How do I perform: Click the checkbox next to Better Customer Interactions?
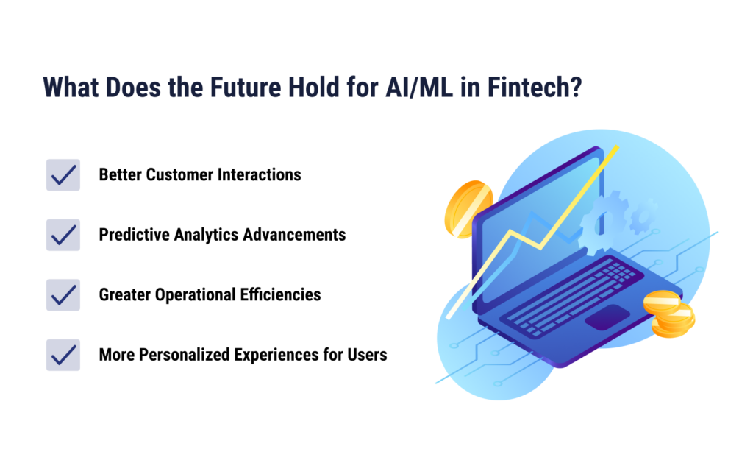(x=63, y=175)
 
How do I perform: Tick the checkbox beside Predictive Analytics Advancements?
(x=63, y=235)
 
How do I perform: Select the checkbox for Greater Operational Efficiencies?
(x=63, y=294)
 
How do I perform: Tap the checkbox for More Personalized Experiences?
(x=63, y=355)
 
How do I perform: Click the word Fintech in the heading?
(x=535, y=88)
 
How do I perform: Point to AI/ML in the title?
(x=418, y=88)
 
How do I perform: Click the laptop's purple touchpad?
(x=607, y=317)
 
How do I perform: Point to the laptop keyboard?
(x=571, y=296)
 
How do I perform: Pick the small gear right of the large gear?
(x=643, y=217)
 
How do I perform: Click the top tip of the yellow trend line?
(x=617, y=146)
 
